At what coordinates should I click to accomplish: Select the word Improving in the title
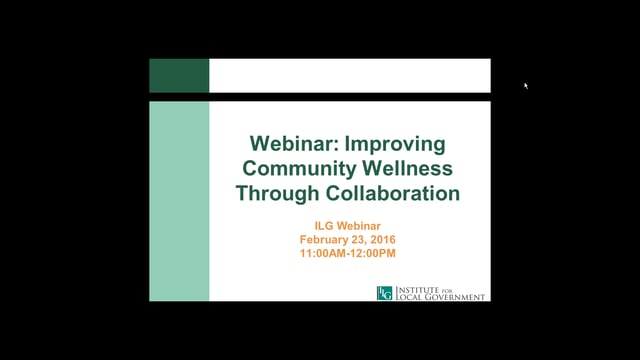[391, 143]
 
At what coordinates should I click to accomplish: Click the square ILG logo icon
[384, 293]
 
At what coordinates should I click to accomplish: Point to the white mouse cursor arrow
[525, 86]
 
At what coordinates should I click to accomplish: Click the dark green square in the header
[179, 75]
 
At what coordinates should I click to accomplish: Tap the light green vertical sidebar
[179, 201]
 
